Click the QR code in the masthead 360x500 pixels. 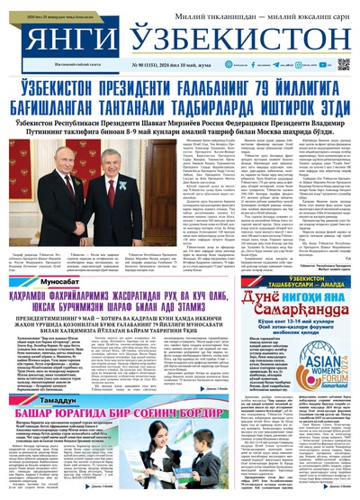click(x=343, y=64)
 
